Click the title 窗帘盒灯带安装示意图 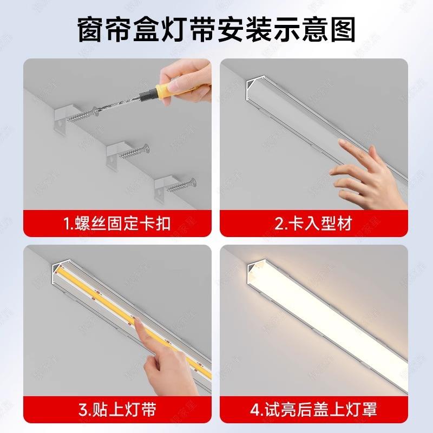click(216, 30)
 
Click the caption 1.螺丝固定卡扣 click(117, 224)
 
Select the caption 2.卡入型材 click(313, 224)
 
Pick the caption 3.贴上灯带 click(117, 410)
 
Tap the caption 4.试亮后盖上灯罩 click(313, 410)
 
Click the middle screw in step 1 click(134, 153)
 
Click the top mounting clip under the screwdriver click(64, 119)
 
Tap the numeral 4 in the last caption click(255, 410)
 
